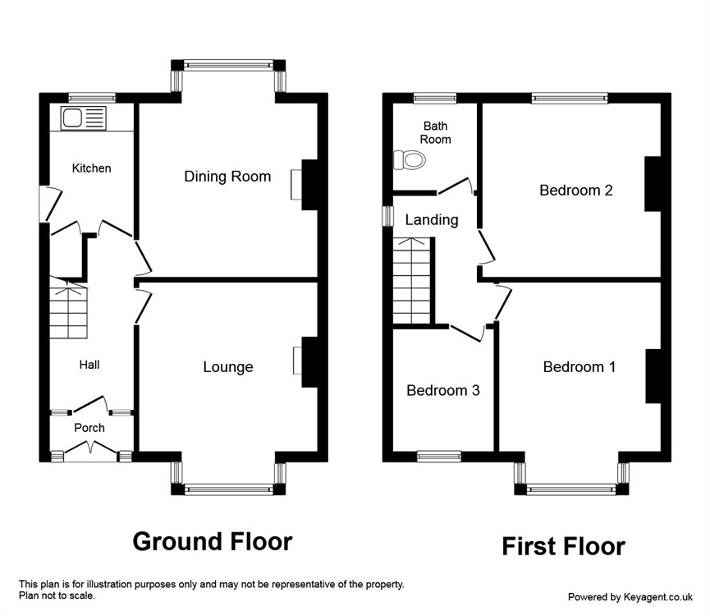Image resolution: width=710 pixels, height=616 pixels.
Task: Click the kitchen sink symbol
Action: [x=84, y=118]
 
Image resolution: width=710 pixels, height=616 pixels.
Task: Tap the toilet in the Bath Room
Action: [x=410, y=160]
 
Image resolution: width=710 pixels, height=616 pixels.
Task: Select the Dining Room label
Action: [x=227, y=177]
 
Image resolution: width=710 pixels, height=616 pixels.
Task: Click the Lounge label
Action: [x=227, y=367]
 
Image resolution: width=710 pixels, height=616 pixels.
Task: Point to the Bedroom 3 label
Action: [x=443, y=390]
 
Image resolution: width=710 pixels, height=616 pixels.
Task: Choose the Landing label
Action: [x=432, y=220]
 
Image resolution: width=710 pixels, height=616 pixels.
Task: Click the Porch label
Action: [x=89, y=428]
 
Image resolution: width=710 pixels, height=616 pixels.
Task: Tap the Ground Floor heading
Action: [x=213, y=541]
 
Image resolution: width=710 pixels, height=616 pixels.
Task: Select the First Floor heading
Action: [x=563, y=546]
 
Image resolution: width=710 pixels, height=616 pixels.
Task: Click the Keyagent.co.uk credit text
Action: [x=630, y=597]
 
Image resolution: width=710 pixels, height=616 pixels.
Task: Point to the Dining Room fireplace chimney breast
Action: [x=309, y=184]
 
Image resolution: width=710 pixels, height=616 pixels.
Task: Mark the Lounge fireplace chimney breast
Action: [x=309, y=362]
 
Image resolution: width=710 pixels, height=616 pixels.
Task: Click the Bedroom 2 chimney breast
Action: [x=653, y=184]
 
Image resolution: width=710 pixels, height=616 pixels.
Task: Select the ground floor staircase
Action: [x=68, y=307]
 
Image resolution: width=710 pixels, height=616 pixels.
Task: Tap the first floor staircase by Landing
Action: [x=411, y=281]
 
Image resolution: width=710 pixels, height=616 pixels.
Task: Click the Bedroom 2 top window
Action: [x=570, y=98]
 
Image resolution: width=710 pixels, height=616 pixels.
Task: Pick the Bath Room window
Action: [x=435, y=98]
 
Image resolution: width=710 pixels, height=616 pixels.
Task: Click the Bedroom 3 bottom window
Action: [x=439, y=456]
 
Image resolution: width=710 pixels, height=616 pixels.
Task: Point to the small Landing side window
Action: [x=388, y=216]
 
